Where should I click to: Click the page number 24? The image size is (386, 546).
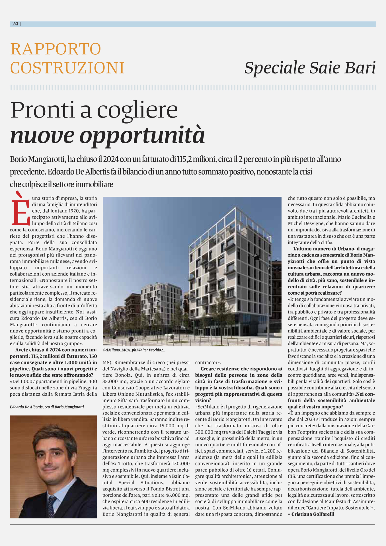click(x=15, y=24)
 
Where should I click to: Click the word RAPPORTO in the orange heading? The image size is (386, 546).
click(x=56, y=49)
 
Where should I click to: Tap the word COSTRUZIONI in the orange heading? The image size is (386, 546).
click(x=67, y=68)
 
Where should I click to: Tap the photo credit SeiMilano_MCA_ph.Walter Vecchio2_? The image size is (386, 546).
click(x=134, y=350)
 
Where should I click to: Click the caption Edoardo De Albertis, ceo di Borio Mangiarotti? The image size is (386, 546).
click(x=47, y=407)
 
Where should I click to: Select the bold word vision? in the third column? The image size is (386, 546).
click(x=203, y=400)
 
